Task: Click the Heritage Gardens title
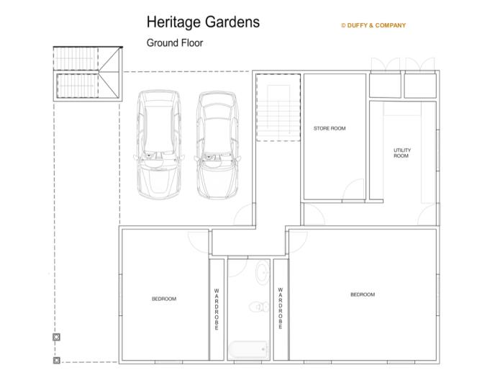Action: tap(203, 22)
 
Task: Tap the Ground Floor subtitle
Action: tap(175, 43)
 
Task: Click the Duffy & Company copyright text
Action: tap(373, 25)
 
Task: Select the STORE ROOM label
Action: tap(330, 128)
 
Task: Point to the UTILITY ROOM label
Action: tap(402, 153)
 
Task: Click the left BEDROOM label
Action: tap(164, 299)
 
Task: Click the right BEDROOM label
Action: tap(363, 294)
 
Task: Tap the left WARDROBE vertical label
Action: tap(217, 309)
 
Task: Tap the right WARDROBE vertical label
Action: tap(281, 308)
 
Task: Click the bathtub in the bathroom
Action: tap(248, 349)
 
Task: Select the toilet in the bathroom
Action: tap(259, 307)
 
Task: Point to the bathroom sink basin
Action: tap(263, 272)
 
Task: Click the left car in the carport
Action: tap(159, 145)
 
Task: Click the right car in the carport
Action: tap(217, 145)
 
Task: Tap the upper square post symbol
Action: tap(57, 337)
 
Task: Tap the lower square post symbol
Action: tap(57, 360)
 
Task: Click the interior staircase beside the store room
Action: tap(278, 107)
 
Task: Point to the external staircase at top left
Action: tap(88, 73)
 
